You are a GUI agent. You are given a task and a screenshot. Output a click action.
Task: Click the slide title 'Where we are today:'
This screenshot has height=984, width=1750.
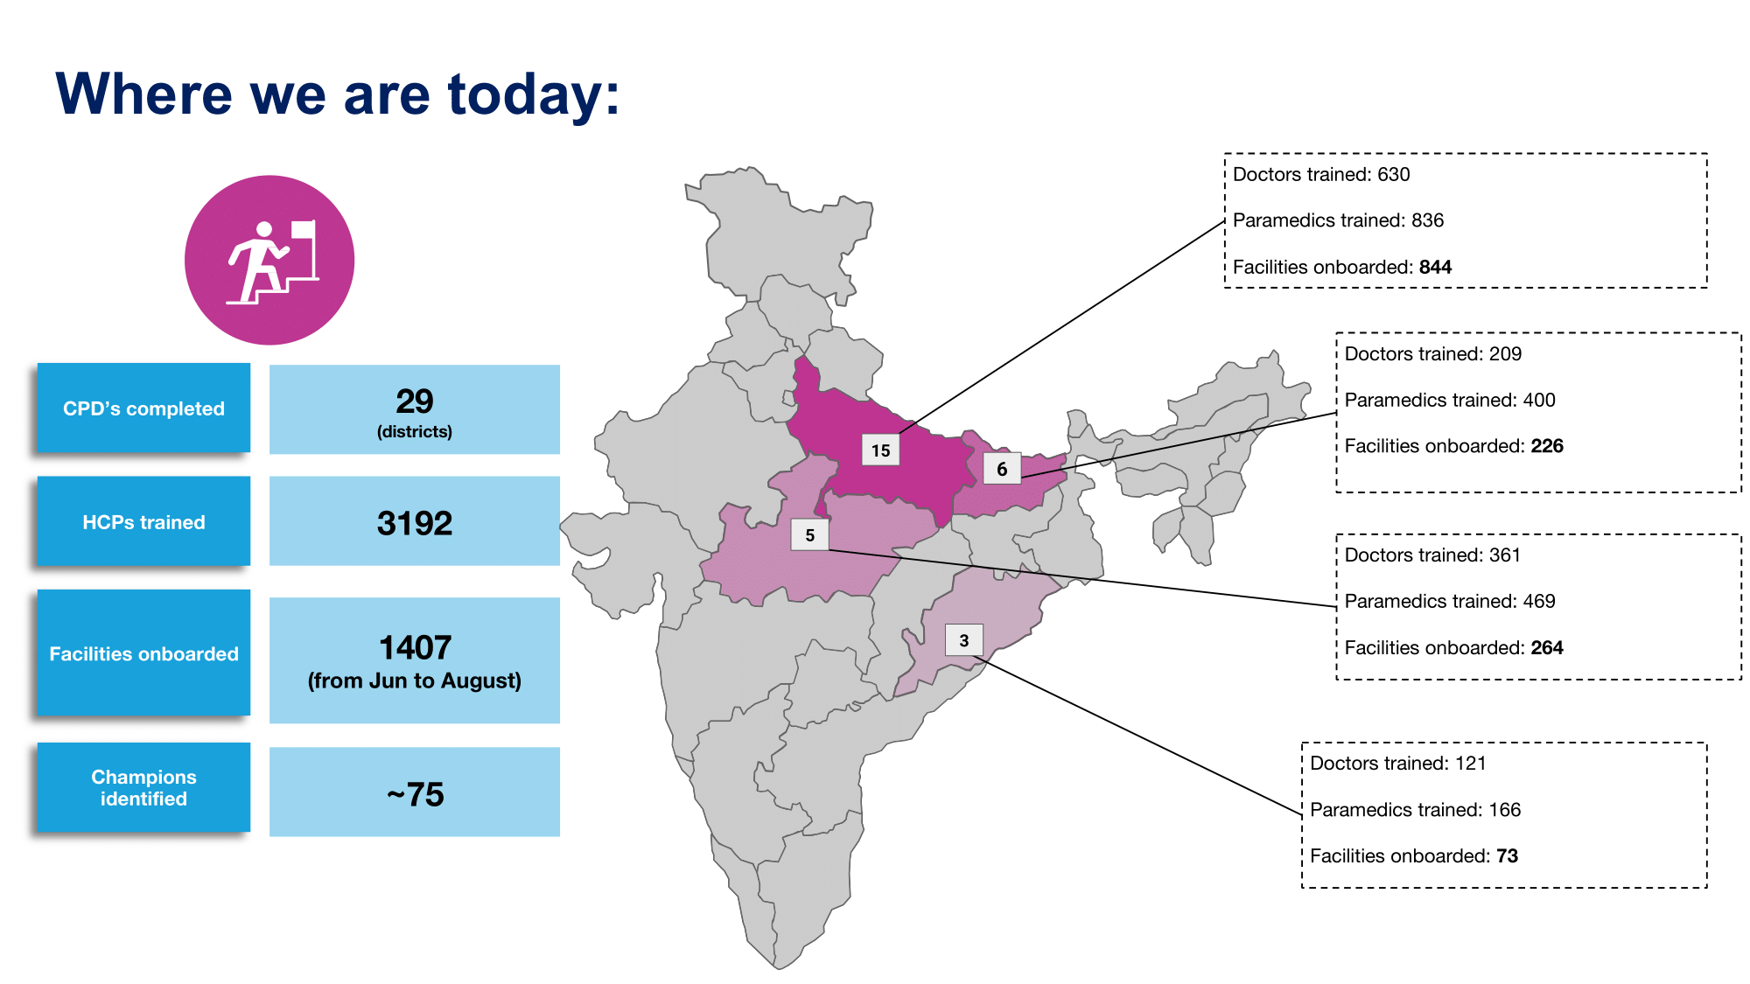(338, 94)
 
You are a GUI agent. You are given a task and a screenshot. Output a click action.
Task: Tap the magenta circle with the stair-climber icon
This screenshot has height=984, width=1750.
(269, 260)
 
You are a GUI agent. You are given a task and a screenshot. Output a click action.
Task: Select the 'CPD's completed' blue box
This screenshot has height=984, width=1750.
(143, 408)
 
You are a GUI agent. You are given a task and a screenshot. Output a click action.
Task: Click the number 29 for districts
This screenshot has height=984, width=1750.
(414, 401)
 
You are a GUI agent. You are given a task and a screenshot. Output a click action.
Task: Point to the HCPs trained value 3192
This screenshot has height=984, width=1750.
(414, 523)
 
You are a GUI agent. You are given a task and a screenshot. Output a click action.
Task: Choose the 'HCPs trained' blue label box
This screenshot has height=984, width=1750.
(143, 522)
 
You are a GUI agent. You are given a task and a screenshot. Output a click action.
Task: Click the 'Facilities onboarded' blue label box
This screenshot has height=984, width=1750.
(143, 653)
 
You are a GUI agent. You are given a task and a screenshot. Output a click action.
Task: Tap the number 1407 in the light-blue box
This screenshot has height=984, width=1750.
(415, 648)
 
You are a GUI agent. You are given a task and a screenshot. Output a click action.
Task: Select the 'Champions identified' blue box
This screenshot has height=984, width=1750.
(143, 787)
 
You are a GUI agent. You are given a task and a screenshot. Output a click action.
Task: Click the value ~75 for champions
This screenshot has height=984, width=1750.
(415, 794)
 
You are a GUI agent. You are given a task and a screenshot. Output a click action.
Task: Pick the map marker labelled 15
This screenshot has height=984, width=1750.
(880, 450)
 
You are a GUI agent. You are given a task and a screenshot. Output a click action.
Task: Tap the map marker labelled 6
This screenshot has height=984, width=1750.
(1002, 469)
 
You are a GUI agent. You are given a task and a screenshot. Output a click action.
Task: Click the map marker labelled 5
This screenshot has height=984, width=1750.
(809, 535)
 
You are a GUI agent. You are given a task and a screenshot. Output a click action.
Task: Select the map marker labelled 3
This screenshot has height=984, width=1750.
(963, 640)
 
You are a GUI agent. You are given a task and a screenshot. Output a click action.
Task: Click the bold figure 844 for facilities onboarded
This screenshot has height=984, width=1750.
(1435, 267)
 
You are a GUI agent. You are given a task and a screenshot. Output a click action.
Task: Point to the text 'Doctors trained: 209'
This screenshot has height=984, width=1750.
(1432, 353)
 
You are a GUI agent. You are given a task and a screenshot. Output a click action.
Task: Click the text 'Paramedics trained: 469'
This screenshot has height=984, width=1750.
(1449, 601)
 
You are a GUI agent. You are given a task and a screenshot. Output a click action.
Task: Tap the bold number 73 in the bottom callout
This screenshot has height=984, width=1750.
(1507, 855)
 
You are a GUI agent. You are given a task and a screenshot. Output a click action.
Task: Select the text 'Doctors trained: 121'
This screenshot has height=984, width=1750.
(1397, 763)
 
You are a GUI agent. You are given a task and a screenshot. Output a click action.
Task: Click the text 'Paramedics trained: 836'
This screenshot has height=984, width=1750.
(1338, 220)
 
